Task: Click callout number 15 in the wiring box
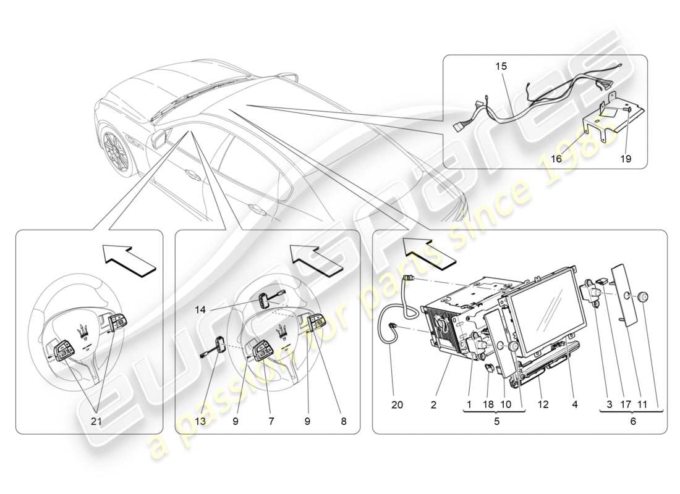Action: click(500, 65)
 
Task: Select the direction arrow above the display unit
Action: click(425, 250)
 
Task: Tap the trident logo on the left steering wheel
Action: click(81, 330)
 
